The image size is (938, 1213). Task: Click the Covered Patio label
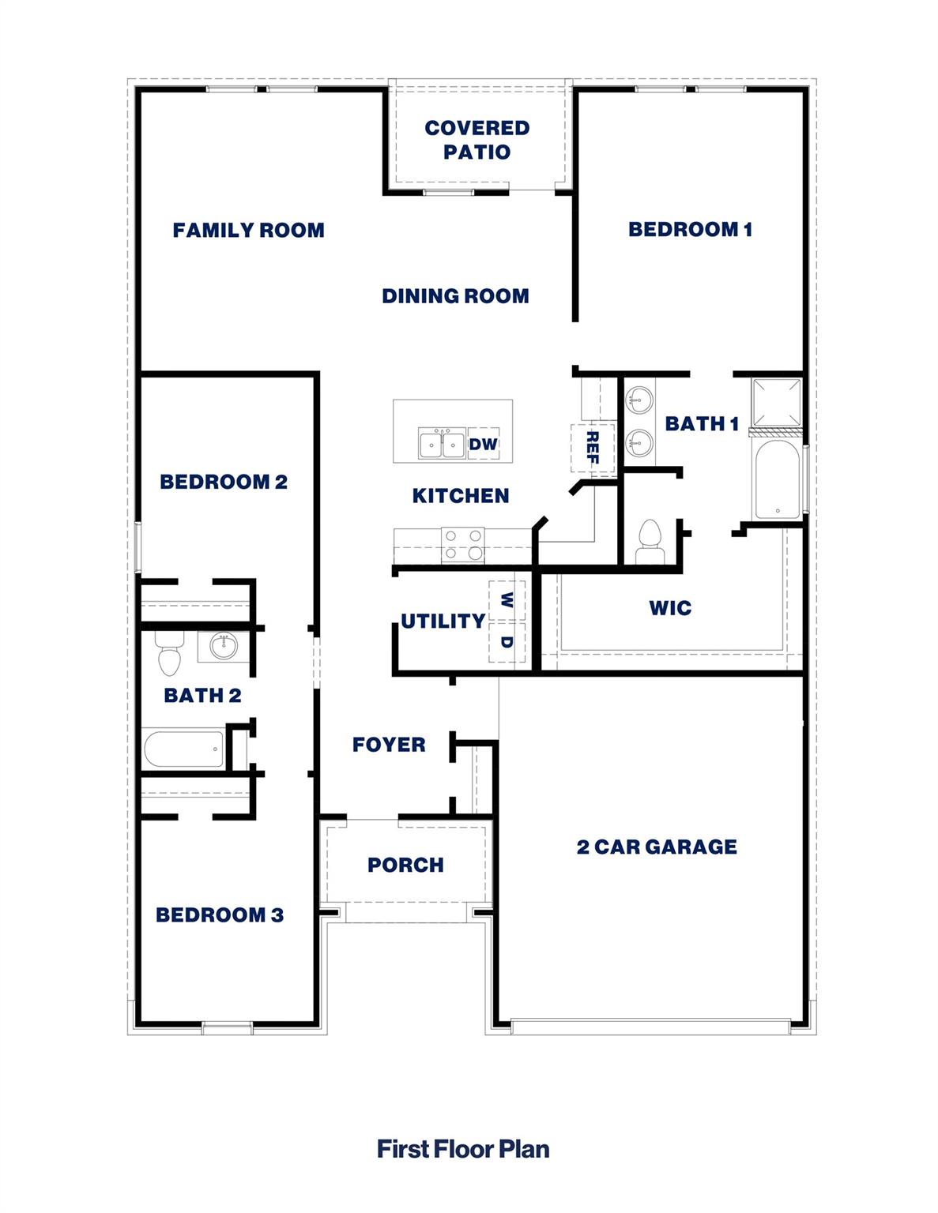coord(477,140)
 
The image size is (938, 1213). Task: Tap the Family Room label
coord(248,231)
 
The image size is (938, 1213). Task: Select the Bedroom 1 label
coord(690,230)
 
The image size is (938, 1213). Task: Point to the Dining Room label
coord(455,296)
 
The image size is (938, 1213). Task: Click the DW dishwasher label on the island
coord(484,444)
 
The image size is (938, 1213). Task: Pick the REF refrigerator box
coord(592,448)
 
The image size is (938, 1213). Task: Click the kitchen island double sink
coord(442,444)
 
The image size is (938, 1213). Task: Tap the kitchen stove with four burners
coord(462,545)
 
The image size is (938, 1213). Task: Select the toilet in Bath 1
coord(650,541)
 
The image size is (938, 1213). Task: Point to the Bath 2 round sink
coord(224,647)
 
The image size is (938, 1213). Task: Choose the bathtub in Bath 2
coord(184,749)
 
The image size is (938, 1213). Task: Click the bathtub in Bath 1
coord(777,480)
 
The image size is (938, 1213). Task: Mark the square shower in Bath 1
coord(776,404)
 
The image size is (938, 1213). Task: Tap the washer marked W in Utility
coord(507,601)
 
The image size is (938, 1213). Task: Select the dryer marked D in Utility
coord(507,642)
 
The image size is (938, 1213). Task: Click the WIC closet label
coord(670,608)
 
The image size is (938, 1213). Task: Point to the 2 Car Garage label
coord(657,847)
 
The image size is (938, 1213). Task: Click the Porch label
coord(405,866)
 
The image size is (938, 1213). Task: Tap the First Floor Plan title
coord(463,1149)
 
